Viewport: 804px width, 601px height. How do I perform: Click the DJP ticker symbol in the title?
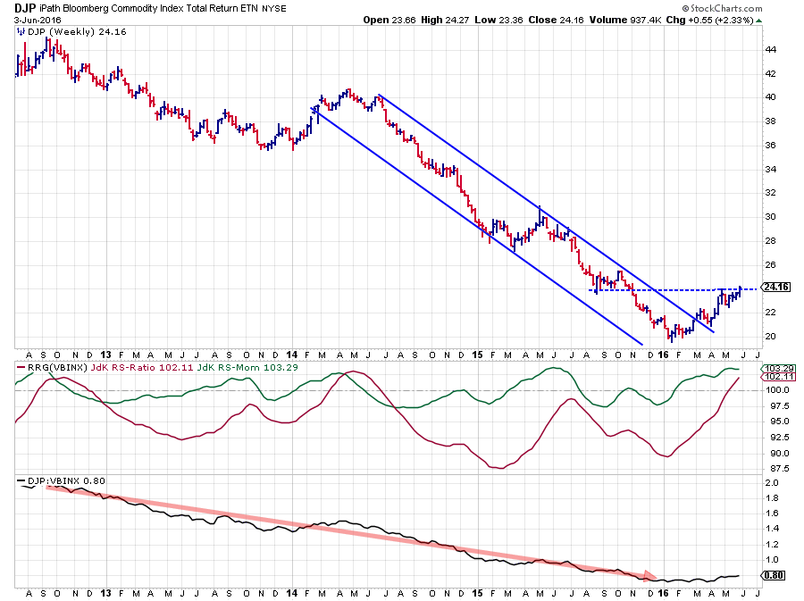pyautogui.click(x=25, y=7)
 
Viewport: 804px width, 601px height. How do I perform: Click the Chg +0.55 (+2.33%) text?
pyautogui.click(x=715, y=19)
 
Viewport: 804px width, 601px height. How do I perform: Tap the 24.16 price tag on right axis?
pyautogui.click(x=774, y=288)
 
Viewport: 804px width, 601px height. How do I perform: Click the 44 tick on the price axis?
pyautogui.click(x=770, y=49)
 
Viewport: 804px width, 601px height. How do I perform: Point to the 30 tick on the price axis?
pyautogui.click(x=770, y=216)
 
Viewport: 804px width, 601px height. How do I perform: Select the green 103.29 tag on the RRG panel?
pyautogui.click(x=774, y=368)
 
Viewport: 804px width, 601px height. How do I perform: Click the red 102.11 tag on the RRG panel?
pyautogui.click(x=774, y=378)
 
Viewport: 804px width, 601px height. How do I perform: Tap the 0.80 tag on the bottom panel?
pyautogui.click(x=773, y=576)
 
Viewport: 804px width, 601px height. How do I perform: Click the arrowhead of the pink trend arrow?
pyautogui.click(x=651, y=576)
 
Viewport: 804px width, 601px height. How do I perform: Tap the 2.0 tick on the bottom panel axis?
pyautogui.click(x=770, y=481)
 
